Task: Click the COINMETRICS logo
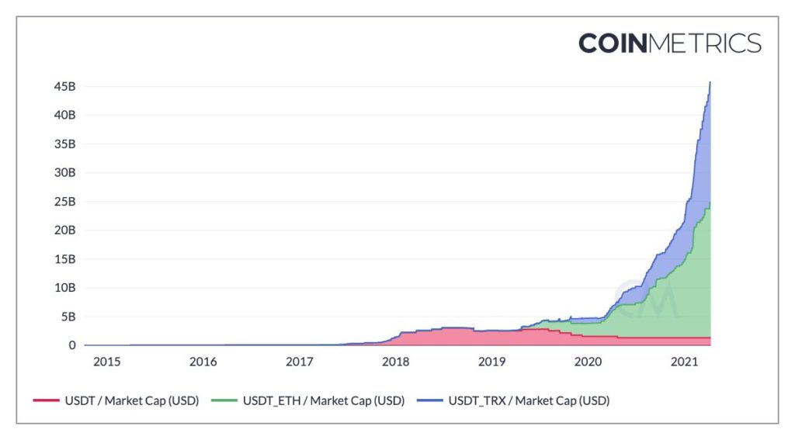tap(669, 43)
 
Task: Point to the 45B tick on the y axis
tap(64, 86)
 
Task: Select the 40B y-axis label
tap(64, 115)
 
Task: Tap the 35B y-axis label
tap(64, 144)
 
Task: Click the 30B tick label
tap(64, 172)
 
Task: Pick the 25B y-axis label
tap(64, 201)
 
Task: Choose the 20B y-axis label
tap(64, 230)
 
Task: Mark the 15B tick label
tap(64, 258)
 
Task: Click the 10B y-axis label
tap(64, 287)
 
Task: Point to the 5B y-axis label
tap(68, 316)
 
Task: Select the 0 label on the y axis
tap(71, 345)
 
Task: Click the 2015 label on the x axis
tap(106, 362)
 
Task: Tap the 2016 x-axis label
tap(203, 362)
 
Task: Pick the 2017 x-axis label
tap(299, 362)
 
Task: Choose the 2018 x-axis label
tap(395, 362)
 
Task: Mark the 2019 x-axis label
tap(491, 362)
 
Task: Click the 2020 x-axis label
tap(588, 362)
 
